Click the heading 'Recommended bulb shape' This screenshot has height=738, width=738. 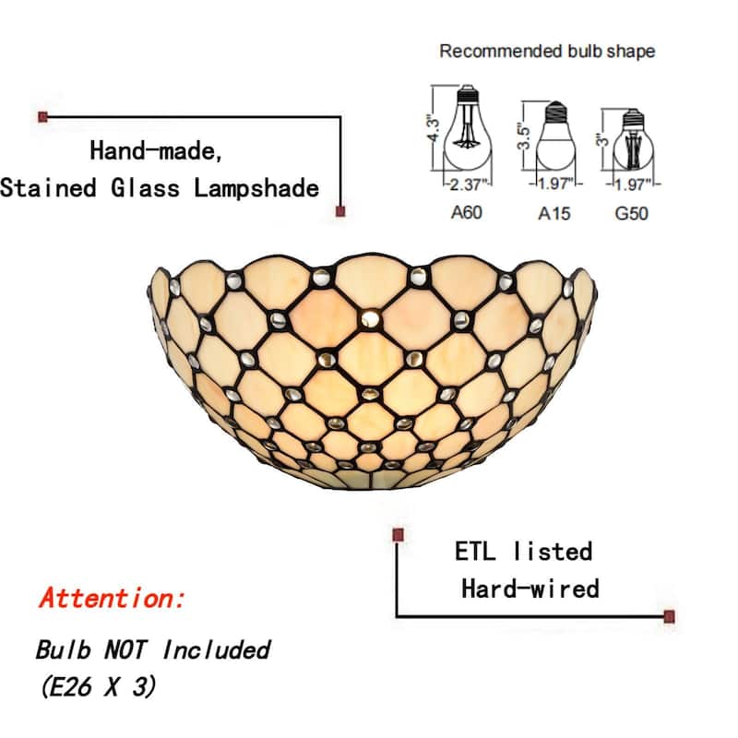coord(547,51)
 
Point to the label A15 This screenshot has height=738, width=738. coord(553,213)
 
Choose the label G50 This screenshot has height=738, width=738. coord(632,213)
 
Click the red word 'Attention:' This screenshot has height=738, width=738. coord(113,598)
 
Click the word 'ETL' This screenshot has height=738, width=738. coord(476,552)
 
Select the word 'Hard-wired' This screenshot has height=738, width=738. coord(530,588)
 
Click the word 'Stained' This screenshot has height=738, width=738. coord(49,188)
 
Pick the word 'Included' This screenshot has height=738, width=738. coord(216,649)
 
